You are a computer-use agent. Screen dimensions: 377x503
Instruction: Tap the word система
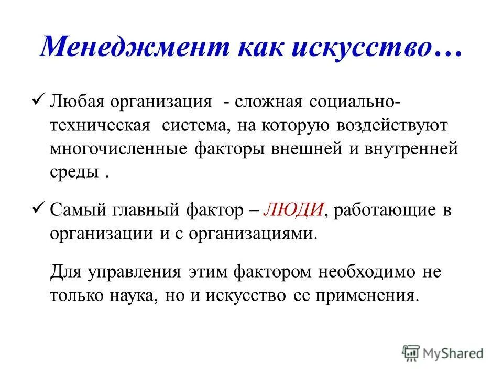194,126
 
